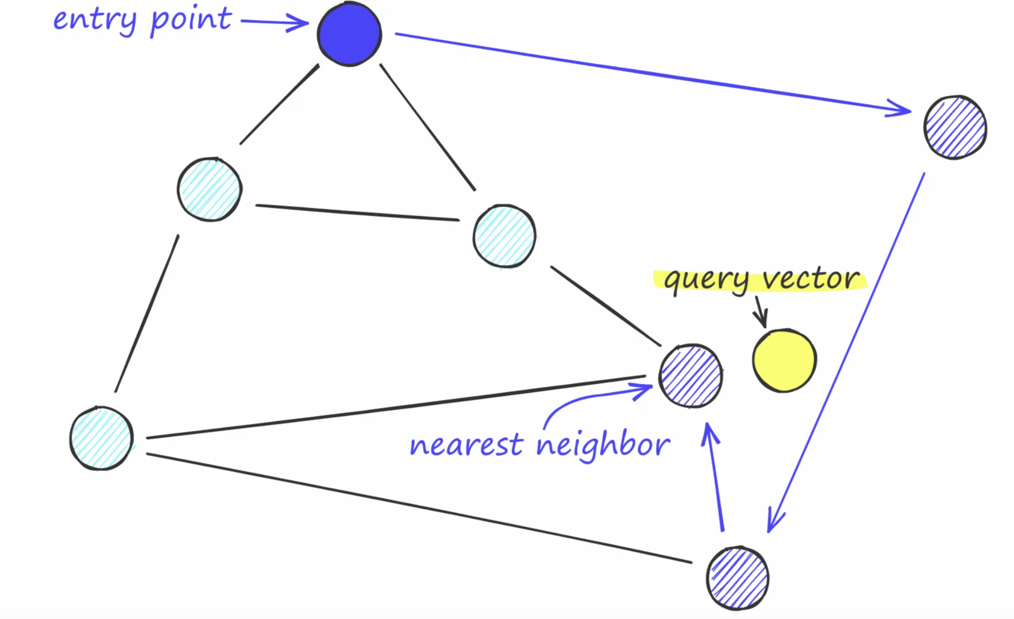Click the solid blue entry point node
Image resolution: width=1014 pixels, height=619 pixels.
coord(349,34)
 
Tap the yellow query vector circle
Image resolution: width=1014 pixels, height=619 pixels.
coord(784,360)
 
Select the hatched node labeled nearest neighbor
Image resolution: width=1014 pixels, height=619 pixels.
coord(691,376)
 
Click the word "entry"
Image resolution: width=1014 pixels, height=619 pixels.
coord(94,20)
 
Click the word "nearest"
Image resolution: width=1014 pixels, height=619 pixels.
coord(466,445)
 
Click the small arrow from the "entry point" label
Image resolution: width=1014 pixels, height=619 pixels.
coord(274,22)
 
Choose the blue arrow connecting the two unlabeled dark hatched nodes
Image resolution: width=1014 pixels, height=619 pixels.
coord(847,353)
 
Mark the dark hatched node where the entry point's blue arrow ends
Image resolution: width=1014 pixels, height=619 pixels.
coord(955,127)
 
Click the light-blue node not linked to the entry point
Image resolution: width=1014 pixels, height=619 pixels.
coord(101,438)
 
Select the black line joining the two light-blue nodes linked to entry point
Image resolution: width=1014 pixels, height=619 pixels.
coord(357,213)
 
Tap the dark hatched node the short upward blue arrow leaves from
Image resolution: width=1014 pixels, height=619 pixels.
coord(738,578)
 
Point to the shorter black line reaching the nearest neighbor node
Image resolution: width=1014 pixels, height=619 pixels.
coord(605,306)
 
